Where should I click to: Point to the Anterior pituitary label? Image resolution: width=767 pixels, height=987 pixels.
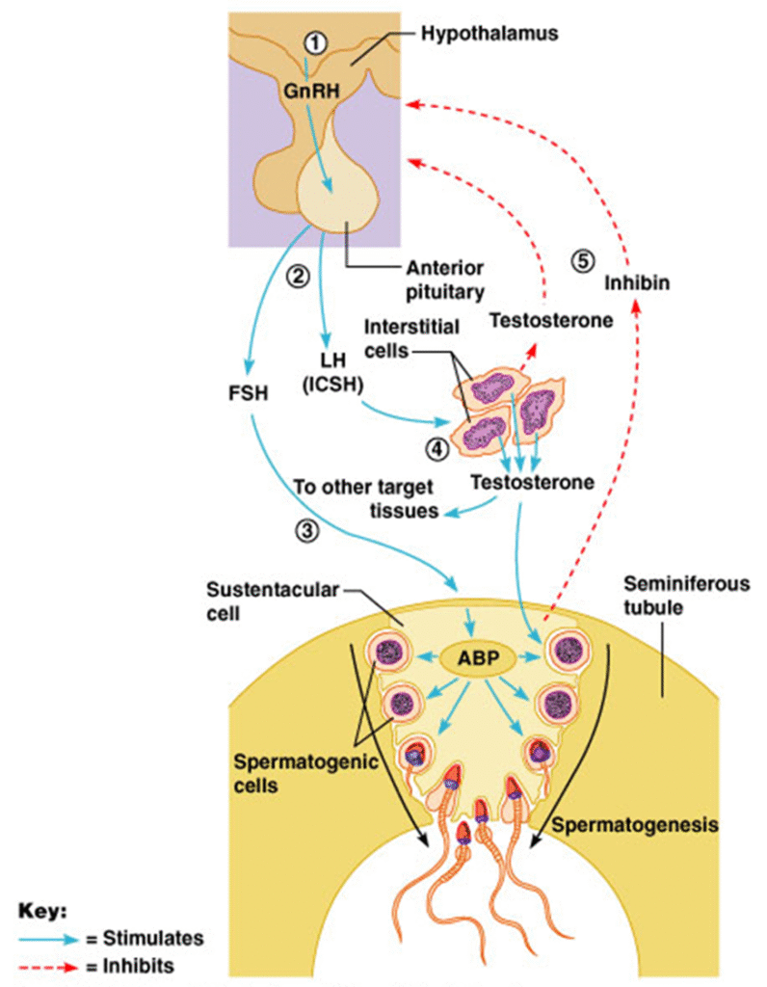click(444, 277)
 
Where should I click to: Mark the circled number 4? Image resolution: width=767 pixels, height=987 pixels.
click(436, 446)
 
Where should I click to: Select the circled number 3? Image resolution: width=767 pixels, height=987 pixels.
click(306, 529)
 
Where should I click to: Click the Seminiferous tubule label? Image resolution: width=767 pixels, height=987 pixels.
click(667, 597)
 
